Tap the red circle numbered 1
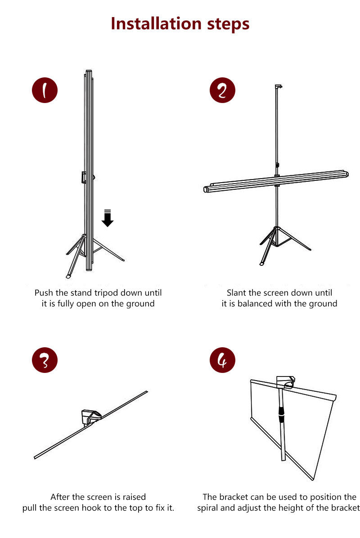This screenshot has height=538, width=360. click(45, 90)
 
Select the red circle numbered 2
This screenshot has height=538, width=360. click(222, 90)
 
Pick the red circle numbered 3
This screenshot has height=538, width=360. click(45, 360)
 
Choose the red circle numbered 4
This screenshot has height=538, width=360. click(222, 360)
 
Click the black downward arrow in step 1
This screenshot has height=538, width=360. click(108, 218)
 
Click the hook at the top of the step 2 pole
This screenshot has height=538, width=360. click(279, 86)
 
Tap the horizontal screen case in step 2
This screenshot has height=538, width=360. click(276, 181)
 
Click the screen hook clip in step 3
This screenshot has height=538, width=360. click(91, 417)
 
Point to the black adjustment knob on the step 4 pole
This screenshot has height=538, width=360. click(281, 414)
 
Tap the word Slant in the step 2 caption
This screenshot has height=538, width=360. click(236, 293)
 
